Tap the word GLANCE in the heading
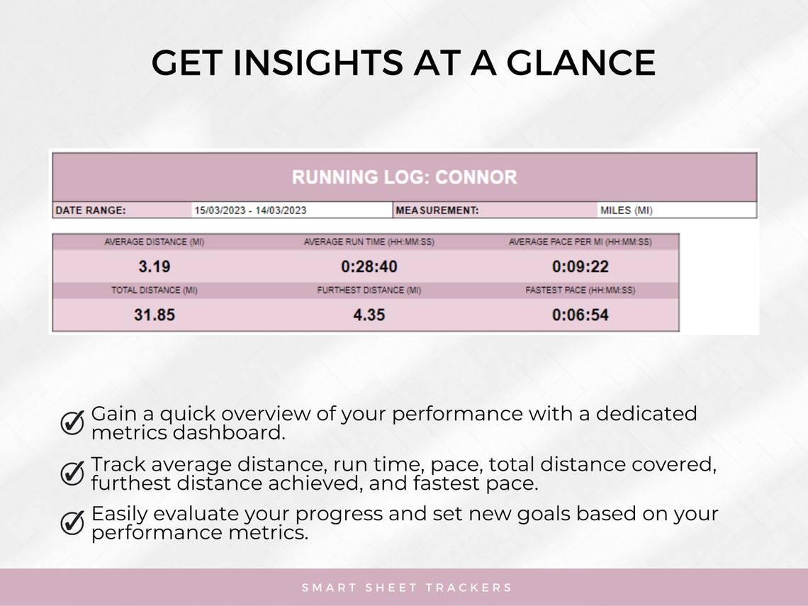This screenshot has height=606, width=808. click(x=580, y=62)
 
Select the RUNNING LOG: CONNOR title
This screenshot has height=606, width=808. click(x=404, y=177)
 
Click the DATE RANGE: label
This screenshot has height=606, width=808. click(x=90, y=211)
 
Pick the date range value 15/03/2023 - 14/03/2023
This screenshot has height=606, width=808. click(x=250, y=211)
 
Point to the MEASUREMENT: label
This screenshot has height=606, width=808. click(x=437, y=211)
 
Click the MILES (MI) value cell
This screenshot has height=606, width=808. click(x=626, y=211)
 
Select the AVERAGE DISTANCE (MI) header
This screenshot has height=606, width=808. click(x=154, y=242)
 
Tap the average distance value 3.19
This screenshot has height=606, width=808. click(x=154, y=267)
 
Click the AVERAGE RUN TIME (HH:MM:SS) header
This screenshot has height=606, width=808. click(x=369, y=242)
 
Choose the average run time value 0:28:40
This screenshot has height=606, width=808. click(x=369, y=267)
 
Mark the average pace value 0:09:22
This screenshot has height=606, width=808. click(x=580, y=267)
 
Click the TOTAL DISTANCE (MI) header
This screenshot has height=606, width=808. click(x=154, y=291)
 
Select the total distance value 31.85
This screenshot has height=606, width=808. click(x=154, y=315)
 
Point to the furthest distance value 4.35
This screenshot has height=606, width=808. click(x=369, y=315)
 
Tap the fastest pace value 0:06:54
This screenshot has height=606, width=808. click(x=580, y=315)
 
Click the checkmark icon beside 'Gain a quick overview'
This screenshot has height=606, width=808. click(x=72, y=422)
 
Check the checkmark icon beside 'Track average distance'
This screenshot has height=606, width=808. click(x=72, y=473)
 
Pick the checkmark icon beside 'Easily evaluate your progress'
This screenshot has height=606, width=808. click(x=72, y=523)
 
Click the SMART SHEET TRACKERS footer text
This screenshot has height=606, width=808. click(x=407, y=588)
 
